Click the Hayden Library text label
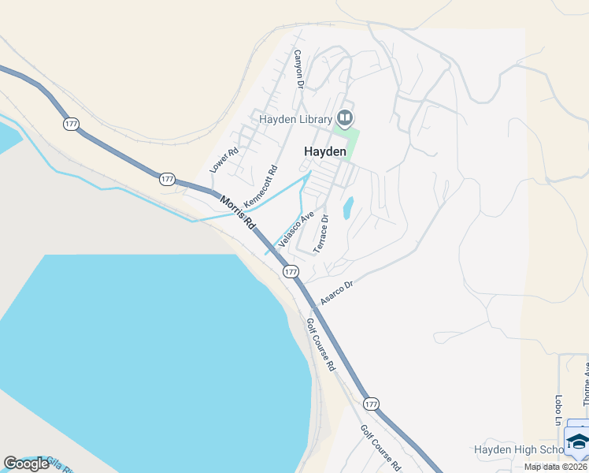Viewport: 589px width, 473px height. [x=296, y=119]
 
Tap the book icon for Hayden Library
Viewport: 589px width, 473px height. [x=344, y=118]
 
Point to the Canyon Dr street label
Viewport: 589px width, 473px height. [x=298, y=69]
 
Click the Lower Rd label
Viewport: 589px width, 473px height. [x=224, y=161]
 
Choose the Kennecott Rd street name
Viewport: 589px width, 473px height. [x=261, y=186]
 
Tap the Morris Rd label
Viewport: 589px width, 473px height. [x=238, y=213]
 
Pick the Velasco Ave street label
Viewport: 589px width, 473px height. [x=296, y=229]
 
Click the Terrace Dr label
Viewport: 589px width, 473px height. [x=320, y=234]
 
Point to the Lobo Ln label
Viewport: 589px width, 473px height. [x=558, y=410]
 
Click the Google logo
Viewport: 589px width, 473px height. [x=26, y=464]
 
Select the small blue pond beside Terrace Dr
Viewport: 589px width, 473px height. [x=347, y=207]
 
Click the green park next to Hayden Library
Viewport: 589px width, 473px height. [x=352, y=143]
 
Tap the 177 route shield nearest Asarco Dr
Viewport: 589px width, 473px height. [x=291, y=271]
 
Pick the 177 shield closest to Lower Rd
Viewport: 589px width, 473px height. [x=167, y=180]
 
